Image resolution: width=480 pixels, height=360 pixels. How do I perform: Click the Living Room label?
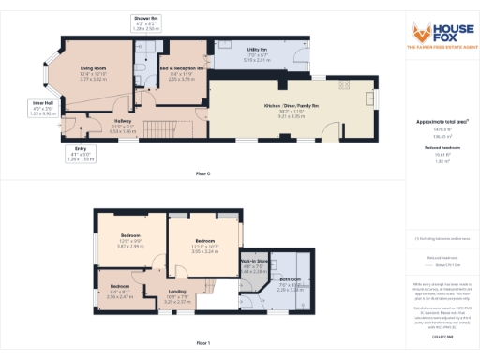pyautogui.click(x=91, y=69)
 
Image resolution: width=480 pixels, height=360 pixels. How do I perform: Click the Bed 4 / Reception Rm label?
pyautogui.click(x=168, y=69)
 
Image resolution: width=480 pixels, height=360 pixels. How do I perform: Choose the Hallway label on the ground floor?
pyautogui.click(x=123, y=121)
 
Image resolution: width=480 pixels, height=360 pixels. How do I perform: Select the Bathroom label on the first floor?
pyautogui.click(x=291, y=279)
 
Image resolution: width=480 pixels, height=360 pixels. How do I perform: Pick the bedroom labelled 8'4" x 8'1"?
pyautogui.click(x=119, y=286)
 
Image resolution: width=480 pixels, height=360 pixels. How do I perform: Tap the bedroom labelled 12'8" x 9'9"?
pyautogui.click(x=129, y=235)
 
